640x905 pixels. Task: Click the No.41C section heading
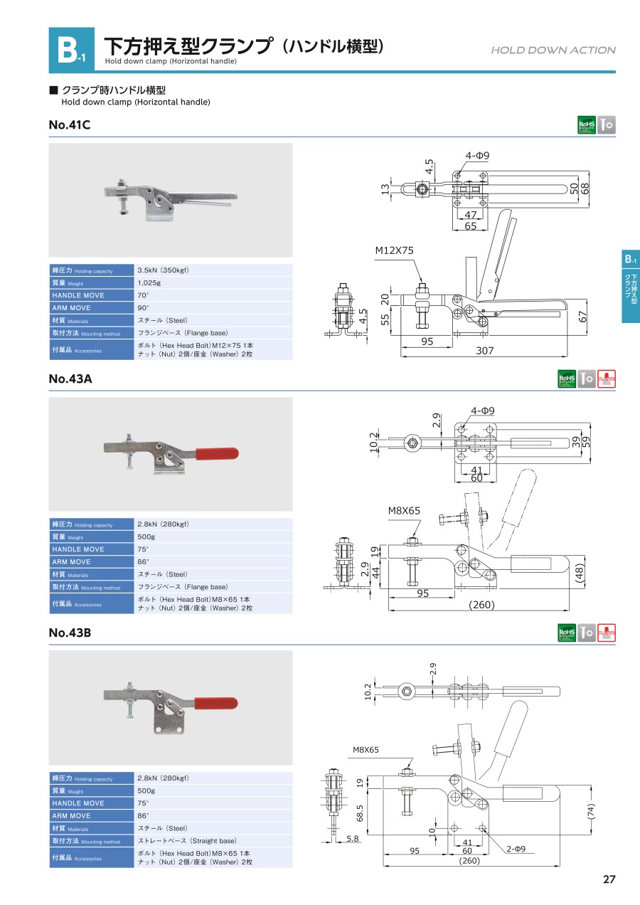(70, 125)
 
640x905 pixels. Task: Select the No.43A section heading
(70, 379)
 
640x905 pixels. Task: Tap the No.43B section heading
(70, 633)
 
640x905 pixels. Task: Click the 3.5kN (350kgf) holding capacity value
(163, 270)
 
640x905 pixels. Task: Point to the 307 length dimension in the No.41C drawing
(485, 350)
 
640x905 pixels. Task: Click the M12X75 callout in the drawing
(395, 250)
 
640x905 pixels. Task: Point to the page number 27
(609, 879)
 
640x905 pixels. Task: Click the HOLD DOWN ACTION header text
(553, 50)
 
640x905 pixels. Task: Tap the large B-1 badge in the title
(71, 50)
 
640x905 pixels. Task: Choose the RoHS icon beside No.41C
(587, 125)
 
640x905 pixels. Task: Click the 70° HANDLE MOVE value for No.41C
(143, 295)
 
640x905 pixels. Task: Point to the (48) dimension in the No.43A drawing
(579, 572)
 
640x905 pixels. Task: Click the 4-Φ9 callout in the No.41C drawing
(478, 155)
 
